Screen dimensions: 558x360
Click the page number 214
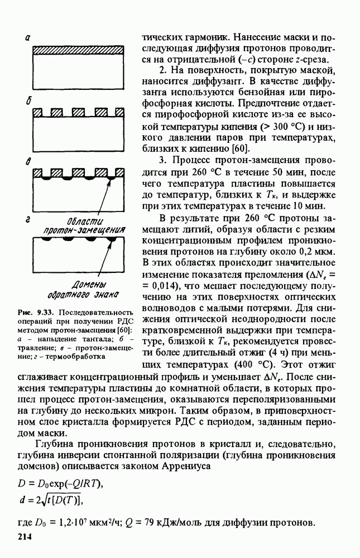tap(26, 537)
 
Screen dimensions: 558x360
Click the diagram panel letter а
tap(27, 38)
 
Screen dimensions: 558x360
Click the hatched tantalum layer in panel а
tap(78, 50)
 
